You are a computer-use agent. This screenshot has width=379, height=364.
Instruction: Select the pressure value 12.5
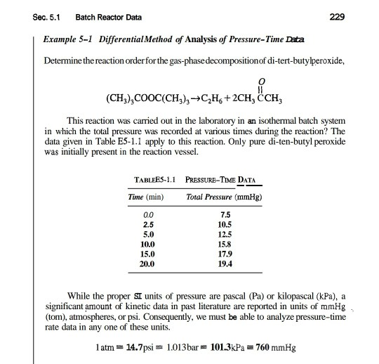pyautogui.click(x=226, y=233)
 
